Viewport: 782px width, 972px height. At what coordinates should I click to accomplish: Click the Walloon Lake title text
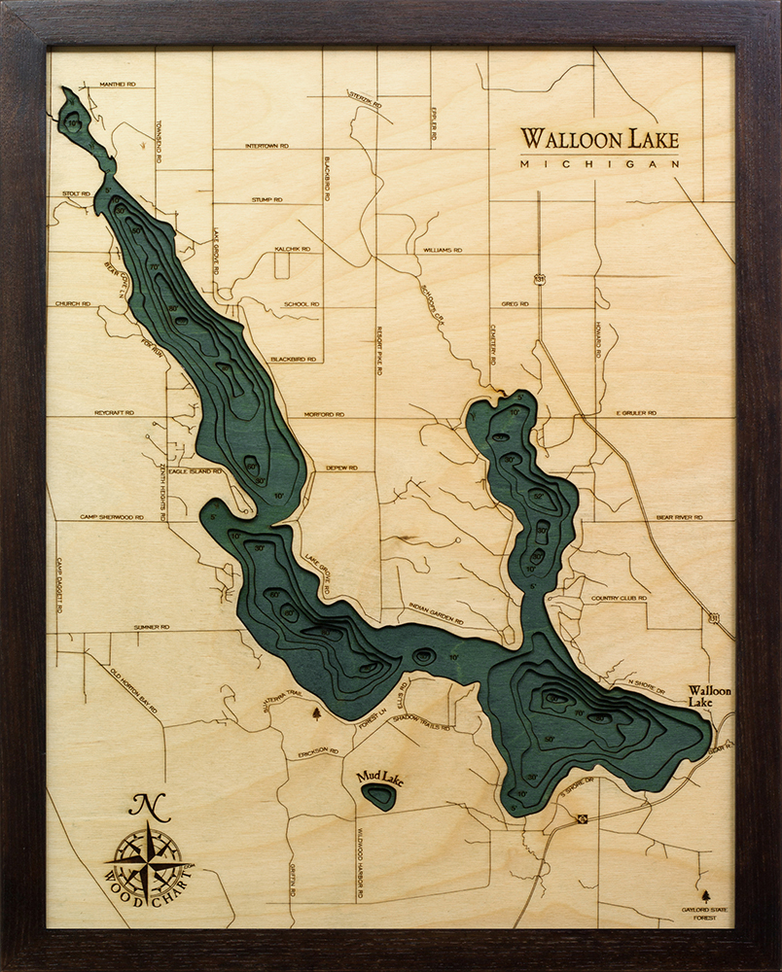[x=599, y=138]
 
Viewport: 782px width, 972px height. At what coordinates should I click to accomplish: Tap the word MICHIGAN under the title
[x=599, y=164]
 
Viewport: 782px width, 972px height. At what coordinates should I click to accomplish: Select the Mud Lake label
[x=379, y=776]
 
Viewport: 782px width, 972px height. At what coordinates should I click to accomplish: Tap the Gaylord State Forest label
[x=706, y=914]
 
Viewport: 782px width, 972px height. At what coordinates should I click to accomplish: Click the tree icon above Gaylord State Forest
[x=706, y=893]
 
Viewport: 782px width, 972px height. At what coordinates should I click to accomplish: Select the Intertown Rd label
[x=267, y=146]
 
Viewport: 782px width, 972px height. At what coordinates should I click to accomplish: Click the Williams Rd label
[x=443, y=250]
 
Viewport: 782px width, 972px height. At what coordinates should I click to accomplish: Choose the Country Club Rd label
[x=619, y=598]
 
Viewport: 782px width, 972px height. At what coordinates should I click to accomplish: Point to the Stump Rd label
[x=267, y=199]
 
